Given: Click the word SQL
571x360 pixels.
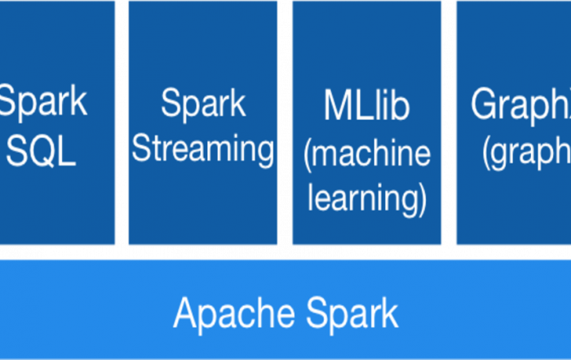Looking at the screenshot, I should (42, 151).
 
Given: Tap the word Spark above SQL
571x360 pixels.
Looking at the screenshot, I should (42, 103).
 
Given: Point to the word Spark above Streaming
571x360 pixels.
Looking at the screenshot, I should (203, 104).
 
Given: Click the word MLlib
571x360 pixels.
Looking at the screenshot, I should (366, 106).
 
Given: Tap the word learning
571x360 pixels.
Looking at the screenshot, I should (363, 198).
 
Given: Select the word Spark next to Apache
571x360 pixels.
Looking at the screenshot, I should (352, 313).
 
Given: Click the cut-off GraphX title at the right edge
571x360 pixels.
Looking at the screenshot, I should (520, 105).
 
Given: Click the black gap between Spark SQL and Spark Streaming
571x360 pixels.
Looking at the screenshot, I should (122, 122).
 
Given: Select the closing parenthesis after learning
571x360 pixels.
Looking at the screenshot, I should (422, 199).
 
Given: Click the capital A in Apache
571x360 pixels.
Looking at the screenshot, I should (185, 313).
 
